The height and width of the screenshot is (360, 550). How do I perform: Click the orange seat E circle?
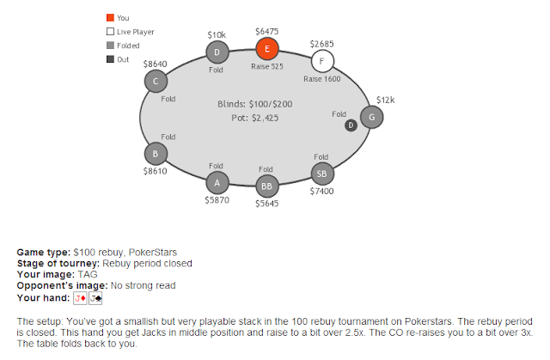click(267, 49)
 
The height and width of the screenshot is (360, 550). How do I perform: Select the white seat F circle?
click(322, 61)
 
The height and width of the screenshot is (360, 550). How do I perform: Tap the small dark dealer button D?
click(351, 125)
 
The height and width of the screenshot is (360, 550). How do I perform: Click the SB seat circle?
click(322, 174)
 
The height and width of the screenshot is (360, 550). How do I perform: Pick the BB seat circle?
click(267, 186)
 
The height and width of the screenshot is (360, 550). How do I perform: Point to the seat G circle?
click(372, 117)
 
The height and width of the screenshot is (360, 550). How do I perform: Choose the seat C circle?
click(156, 81)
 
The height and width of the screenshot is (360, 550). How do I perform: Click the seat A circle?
click(217, 183)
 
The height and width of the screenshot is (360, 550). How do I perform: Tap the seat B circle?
click(156, 154)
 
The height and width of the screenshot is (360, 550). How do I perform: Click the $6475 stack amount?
click(267, 32)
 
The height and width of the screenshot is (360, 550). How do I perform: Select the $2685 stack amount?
click(321, 44)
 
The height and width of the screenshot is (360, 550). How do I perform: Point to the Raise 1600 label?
click(322, 79)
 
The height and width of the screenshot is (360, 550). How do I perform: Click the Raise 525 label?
click(267, 66)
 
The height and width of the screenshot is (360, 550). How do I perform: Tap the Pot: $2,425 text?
click(255, 118)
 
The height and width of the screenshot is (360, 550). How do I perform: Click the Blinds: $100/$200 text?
click(255, 104)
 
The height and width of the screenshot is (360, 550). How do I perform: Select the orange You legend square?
click(111, 17)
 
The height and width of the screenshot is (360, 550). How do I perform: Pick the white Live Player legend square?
click(111, 32)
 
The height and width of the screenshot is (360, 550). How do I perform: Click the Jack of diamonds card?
click(80, 298)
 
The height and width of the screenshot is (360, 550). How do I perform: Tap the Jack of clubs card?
click(95, 298)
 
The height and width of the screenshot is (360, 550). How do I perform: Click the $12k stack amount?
click(386, 100)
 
